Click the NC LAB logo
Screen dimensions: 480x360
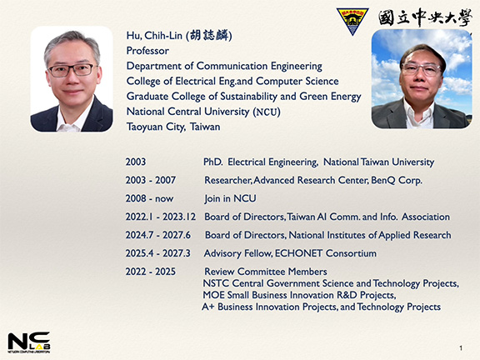coord(29,342)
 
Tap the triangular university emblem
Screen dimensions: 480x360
coord(352,21)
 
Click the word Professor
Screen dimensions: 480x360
coord(147,51)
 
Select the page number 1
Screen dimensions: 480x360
coord(461,348)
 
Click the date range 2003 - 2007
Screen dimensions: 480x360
coord(150,180)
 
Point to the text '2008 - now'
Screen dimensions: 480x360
coord(149,198)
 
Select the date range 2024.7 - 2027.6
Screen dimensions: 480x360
coord(158,235)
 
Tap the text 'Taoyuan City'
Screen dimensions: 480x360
coord(156,127)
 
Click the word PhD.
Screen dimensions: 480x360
coord(213,162)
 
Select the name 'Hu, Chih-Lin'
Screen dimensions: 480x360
coord(154,36)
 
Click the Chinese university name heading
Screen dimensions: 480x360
coord(425,17)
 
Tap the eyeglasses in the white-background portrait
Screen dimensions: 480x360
coord(72,70)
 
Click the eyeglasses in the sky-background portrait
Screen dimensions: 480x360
coord(421,69)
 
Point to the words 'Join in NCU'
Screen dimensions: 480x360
coord(230,198)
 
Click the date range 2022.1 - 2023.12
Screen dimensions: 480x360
coord(160,217)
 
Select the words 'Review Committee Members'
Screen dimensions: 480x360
coord(265,272)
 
